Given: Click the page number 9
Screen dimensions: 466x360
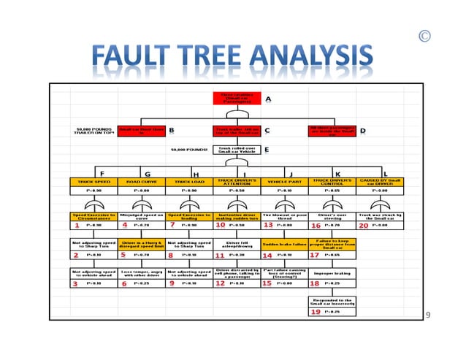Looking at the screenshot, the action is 428,315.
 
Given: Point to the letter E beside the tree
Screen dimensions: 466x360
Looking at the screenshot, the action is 267,150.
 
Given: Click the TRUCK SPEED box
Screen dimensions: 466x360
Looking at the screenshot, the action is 92,181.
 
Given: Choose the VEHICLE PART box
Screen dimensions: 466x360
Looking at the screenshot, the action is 284,181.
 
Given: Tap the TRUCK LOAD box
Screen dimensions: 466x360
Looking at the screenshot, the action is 188,181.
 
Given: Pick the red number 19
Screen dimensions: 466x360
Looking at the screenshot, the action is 316,312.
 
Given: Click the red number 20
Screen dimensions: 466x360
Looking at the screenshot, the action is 364,226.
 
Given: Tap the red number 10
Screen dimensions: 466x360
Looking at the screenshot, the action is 220,226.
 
